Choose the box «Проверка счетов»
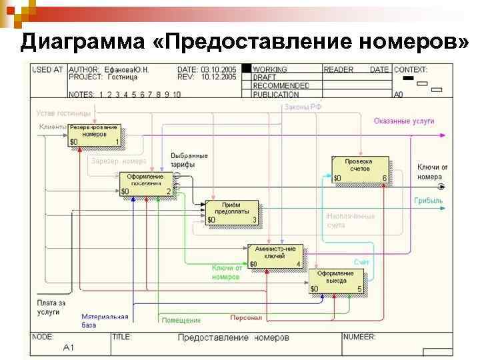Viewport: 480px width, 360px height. [x=360, y=169]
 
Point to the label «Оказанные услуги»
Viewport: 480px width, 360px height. [x=403, y=121]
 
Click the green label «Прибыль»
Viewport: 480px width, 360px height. [x=428, y=200]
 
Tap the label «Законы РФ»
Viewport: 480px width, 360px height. [x=303, y=107]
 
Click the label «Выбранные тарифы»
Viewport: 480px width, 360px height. [x=189, y=159]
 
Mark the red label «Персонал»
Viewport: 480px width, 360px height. [x=246, y=317]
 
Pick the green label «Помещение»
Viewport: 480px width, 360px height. [x=181, y=320]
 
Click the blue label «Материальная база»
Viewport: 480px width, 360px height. [x=105, y=321]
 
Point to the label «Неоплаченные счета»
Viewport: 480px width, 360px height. [x=351, y=221]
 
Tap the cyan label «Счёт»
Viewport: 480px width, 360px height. [x=362, y=263]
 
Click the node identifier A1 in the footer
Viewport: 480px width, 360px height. [x=69, y=347]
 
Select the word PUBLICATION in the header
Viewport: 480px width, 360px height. [x=281, y=95]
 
